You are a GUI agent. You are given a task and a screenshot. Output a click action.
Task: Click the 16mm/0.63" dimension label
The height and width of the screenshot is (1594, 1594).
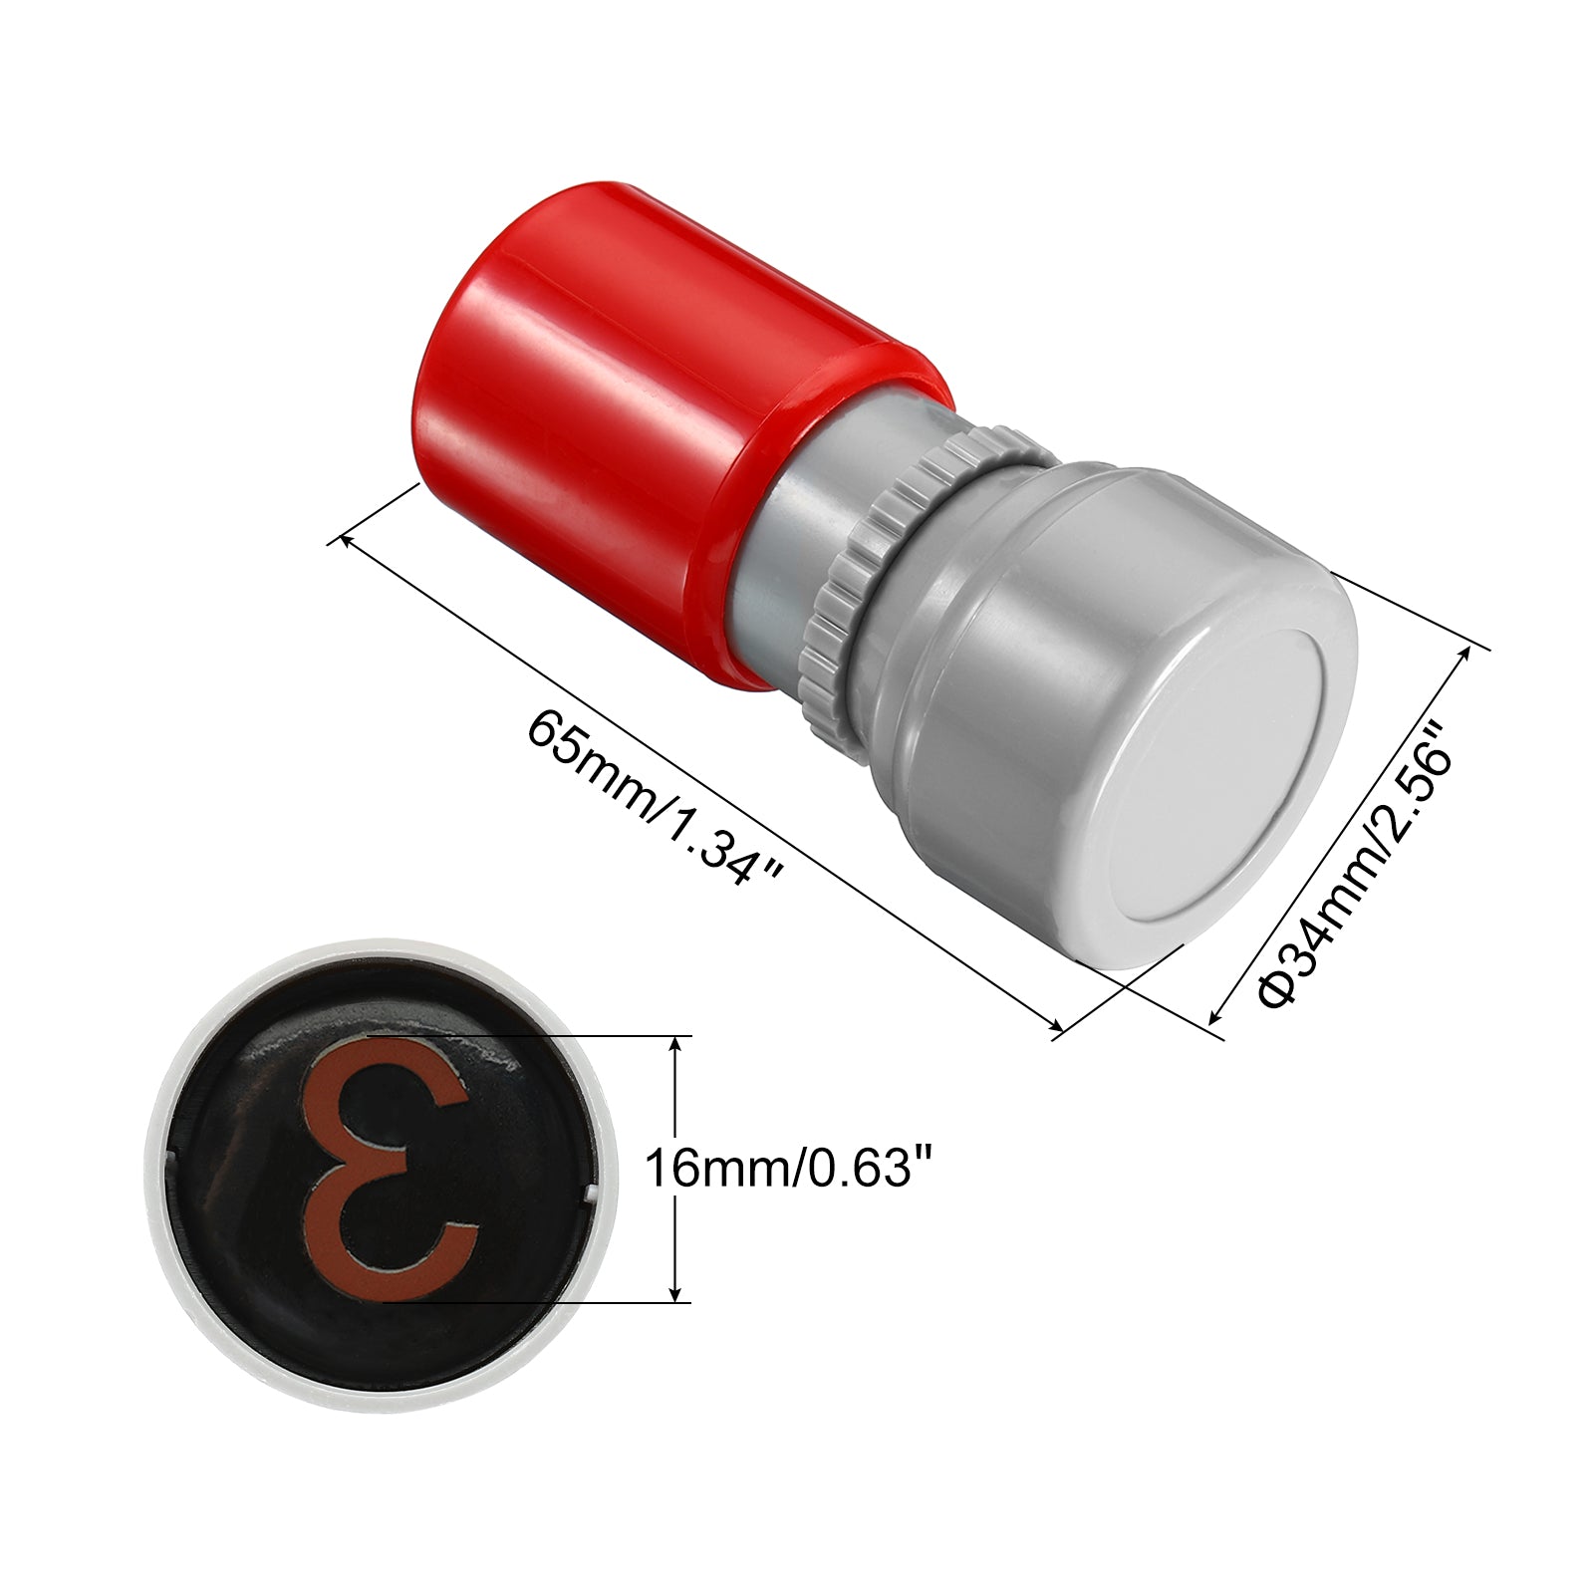click(793, 1169)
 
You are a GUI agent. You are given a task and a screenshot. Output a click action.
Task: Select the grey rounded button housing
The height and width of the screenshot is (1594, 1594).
click(1126, 727)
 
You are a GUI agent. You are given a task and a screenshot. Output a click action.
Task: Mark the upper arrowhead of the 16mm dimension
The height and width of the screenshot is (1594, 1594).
click(677, 1042)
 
